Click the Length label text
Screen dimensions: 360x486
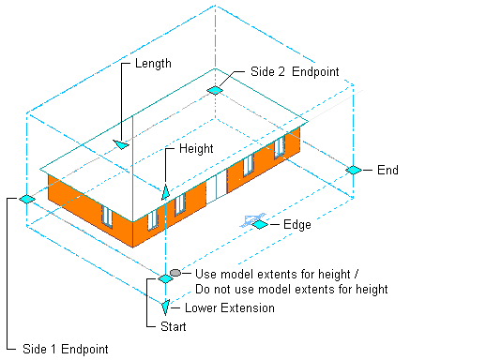[x=153, y=64]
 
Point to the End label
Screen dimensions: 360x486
[x=387, y=171]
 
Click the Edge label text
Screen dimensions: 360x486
[x=297, y=225]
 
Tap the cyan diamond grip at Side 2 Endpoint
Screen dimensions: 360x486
[x=215, y=90]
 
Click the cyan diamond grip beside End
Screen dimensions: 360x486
[x=353, y=170]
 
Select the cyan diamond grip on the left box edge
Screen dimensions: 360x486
[x=26, y=199]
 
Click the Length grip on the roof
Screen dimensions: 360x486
[x=122, y=144]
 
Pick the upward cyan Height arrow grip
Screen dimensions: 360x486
[x=165, y=190]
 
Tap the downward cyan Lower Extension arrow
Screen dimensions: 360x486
[x=165, y=307]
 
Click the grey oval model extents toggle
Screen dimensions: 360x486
[x=175, y=272]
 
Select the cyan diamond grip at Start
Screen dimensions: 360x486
[x=165, y=278]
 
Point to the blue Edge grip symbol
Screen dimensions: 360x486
[x=254, y=222]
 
